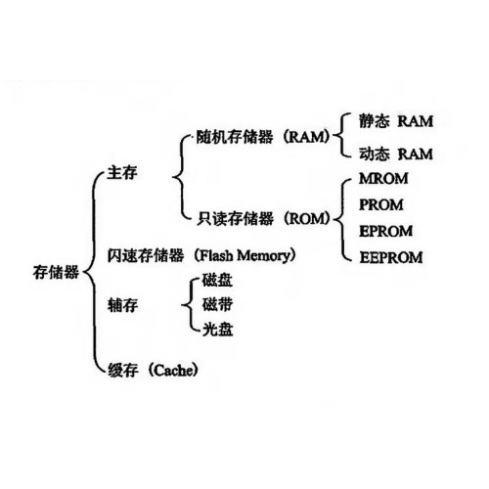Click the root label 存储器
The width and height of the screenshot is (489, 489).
click(56, 272)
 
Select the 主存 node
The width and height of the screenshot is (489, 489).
click(122, 173)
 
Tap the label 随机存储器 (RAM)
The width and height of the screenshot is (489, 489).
click(263, 137)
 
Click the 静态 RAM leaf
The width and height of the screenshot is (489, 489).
click(396, 121)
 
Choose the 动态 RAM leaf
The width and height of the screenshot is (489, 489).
click(396, 154)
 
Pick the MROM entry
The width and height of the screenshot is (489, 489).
click(383, 179)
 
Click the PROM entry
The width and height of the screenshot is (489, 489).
click(381, 205)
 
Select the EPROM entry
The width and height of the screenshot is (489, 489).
click(385, 231)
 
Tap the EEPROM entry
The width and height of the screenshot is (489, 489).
click(391, 257)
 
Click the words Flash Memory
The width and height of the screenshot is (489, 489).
click(244, 256)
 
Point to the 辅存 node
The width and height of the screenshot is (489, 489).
click(122, 305)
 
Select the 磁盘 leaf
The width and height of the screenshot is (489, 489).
click(217, 281)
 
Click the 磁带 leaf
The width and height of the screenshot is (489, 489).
click(217, 305)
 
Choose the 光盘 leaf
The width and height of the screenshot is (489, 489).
click(217, 330)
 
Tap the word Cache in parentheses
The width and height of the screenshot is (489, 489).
click(173, 371)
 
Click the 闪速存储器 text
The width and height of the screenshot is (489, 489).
click(146, 255)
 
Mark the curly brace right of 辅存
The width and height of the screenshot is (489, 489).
click(190, 305)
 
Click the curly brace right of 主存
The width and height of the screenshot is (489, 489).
click(182, 177)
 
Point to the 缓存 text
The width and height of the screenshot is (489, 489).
click(123, 371)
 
